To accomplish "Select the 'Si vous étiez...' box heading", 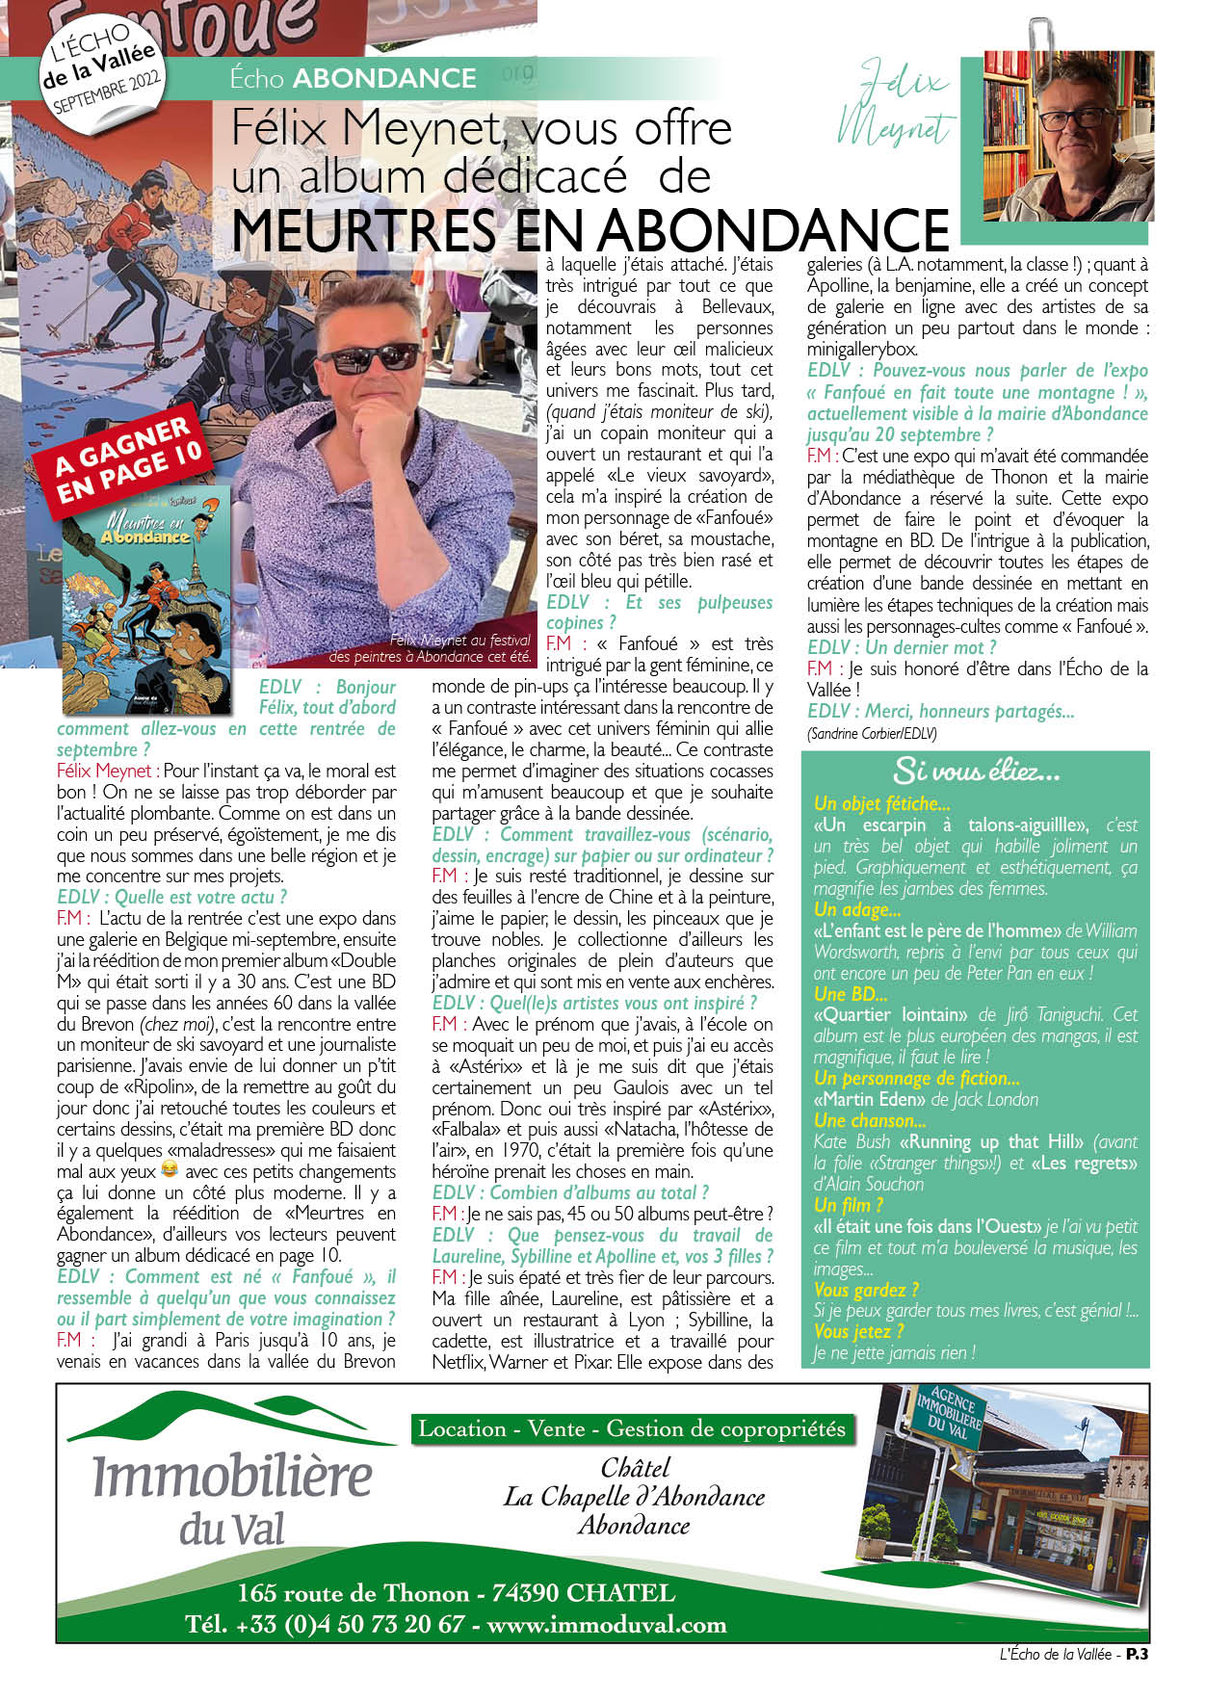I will [975, 771].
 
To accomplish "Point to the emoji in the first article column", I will [170, 1170].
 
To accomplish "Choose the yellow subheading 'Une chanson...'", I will [869, 1120].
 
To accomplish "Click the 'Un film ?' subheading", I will [848, 1205].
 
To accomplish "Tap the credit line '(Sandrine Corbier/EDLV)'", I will [872, 733].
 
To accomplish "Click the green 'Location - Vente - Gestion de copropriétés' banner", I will [632, 1429].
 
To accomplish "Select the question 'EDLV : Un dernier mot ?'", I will [902, 647].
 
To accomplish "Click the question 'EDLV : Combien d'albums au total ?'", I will [570, 1192].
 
